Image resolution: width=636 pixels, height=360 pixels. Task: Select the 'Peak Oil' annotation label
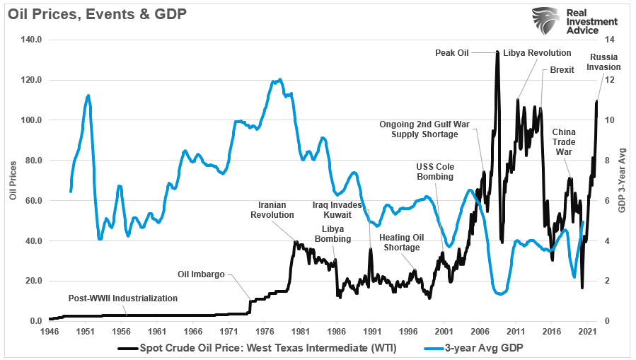click(x=452, y=52)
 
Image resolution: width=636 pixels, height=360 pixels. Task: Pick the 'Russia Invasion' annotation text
click(x=605, y=62)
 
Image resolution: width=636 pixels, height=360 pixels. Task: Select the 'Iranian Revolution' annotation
click(x=272, y=209)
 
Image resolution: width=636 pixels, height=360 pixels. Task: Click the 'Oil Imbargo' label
click(x=201, y=274)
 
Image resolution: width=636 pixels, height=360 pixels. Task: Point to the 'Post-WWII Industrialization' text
click(x=122, y=298)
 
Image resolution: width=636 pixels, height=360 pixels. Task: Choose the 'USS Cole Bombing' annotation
click(x=434, y=171)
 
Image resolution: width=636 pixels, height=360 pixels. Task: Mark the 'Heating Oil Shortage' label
click(x=401, y=243)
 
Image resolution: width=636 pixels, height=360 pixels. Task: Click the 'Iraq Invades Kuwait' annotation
click(x=337, y=209)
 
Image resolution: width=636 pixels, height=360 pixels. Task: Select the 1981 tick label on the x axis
click(x=300, y=330)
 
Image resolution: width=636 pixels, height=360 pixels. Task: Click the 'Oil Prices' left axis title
click(x=13, y=180)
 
